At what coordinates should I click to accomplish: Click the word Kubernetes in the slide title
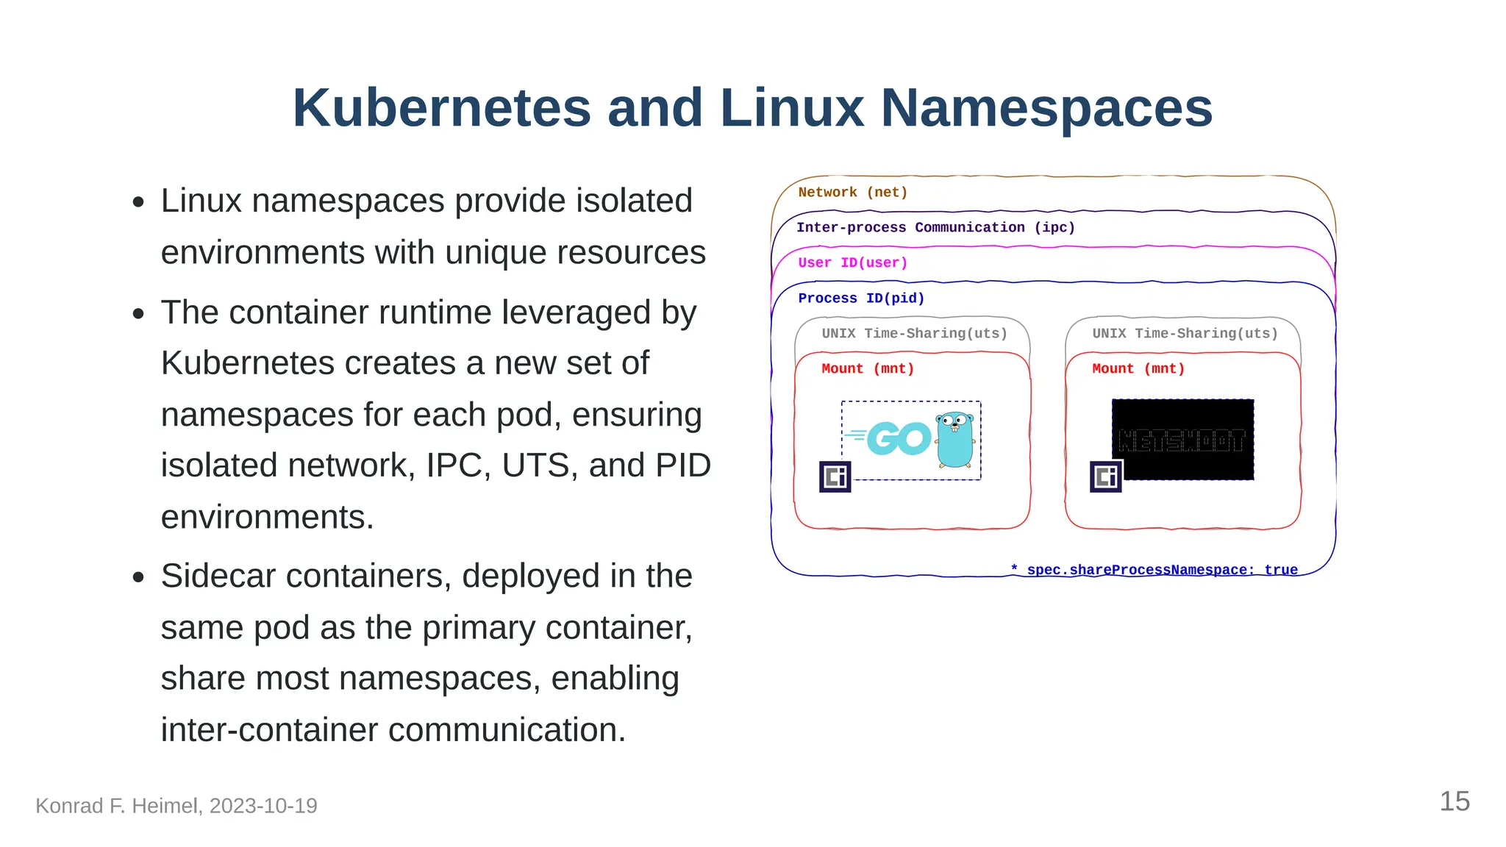(441, 108)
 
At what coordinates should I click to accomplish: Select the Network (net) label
(852, 193)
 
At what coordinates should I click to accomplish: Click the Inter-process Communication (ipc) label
(935, 228)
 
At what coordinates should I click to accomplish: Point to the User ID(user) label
(852, 263)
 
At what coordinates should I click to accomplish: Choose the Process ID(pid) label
(861, 299)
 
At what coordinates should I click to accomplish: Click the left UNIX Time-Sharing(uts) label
(914, 334)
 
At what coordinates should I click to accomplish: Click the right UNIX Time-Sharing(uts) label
(1185, 334)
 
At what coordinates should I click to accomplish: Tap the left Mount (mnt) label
(868, 369)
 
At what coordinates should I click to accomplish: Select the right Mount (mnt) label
(1138, 369)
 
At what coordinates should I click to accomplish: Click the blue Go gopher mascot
(955, 439)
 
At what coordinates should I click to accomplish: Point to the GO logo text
(898, 439)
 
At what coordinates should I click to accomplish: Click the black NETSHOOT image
(1182, 440)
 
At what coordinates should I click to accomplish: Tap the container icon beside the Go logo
(835, 477)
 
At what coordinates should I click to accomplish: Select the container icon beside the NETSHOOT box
(1106, 477)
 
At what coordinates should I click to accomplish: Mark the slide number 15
(1454, 802)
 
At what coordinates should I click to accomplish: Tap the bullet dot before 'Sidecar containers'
(138, 578)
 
